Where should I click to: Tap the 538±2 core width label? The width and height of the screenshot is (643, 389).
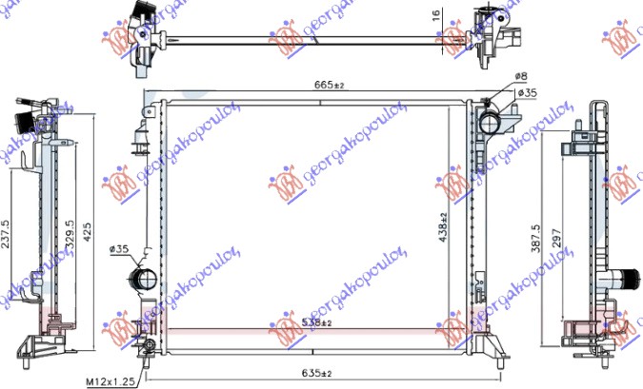click(x=317, y=323)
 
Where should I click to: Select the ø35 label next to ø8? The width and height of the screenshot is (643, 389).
click(x=527, y=93)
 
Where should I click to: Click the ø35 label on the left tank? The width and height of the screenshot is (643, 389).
click(x=119, y=249)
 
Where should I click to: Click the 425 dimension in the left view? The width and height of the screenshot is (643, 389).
click(x=88, y=228)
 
